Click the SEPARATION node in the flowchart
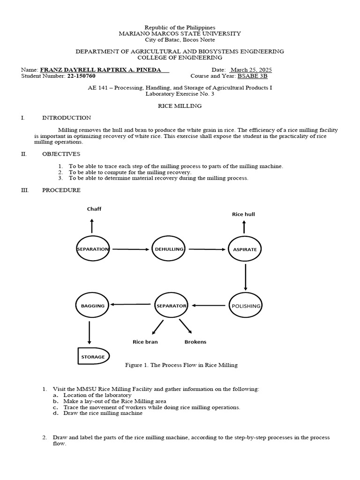[x=93, y=249]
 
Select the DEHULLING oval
[x=169, y=249]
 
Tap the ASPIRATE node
[x=245, y=249]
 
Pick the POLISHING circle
[x=245, y=306]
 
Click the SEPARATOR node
[x=171, y=306]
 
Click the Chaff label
[x=94, y=209]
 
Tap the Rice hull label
[x=243, y=214]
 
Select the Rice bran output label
[x=145, y=342]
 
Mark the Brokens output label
[x=195, y=342]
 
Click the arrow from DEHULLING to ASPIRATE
[x=206, y=249]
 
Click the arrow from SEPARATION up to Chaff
[x=92, y=227]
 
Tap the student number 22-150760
[x=82, y=76]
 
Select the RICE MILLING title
[x=180, y=106]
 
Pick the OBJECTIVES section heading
[x=61, y=154]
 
